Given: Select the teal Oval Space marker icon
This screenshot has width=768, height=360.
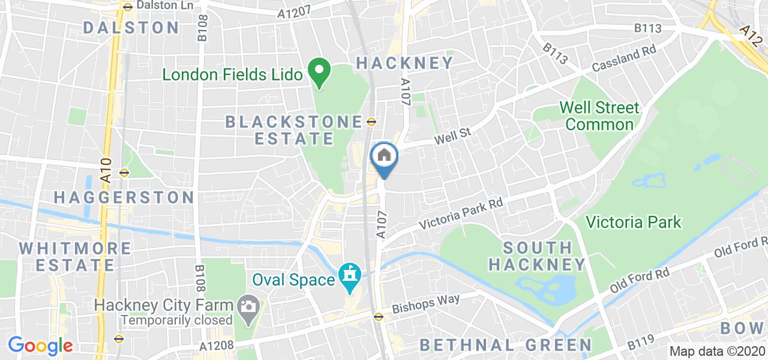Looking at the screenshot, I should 349,275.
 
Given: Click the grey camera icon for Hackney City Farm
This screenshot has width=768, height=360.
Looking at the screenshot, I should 246,306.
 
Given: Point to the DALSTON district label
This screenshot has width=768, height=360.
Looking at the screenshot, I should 131,28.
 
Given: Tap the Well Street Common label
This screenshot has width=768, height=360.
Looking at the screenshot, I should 599,116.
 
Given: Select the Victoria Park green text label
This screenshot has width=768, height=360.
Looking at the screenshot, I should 634,223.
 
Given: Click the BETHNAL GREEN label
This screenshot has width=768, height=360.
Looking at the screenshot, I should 506,345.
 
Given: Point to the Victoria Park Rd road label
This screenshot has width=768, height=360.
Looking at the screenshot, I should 461,215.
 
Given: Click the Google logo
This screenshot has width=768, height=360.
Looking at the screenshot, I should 40,346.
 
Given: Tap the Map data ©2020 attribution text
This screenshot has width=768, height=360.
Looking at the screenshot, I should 718,352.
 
